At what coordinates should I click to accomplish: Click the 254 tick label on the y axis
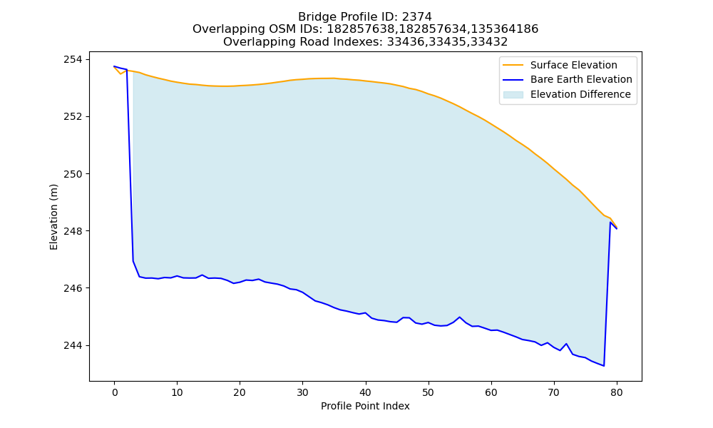(x=73, y=60)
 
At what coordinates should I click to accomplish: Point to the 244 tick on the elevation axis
(x=73, y=346)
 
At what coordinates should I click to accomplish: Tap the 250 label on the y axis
(x=73, y=174)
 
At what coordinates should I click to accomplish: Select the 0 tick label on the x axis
(x=115, y=392)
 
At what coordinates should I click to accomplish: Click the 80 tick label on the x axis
(x=617, y=392)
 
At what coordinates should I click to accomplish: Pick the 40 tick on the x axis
(x=366, y=392)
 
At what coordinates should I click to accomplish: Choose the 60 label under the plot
(x=491, y=392)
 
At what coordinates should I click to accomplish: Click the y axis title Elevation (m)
(x=53, y=217)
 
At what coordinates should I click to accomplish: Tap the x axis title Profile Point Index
(x=365, y=406)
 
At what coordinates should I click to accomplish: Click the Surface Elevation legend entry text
(x=574, y=65)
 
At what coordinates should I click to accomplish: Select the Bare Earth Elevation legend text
(x=581, y=80)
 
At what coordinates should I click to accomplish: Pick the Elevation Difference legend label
(x=580, y=94)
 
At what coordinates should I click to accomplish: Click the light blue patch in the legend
(x=513, y=94)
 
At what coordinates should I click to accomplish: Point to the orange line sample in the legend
(x=513, y=65)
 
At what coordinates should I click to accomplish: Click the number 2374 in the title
(x=417, y=17)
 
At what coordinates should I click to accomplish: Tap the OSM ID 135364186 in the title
(x=504, y=29)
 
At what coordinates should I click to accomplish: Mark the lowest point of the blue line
(x=604, y=366)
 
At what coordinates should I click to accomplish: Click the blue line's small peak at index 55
(x=460, y=317)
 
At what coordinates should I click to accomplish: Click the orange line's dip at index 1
(x=120, y=73)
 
